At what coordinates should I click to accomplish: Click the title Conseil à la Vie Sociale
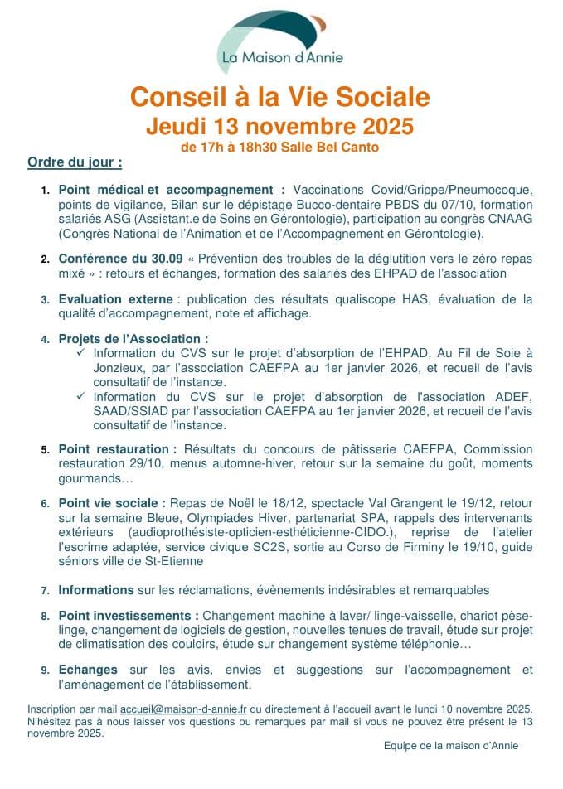click(x=280, y=98)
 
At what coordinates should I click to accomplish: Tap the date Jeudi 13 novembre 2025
click(x=279, y=127)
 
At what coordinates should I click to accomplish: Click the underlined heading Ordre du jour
click(x=75, y=161)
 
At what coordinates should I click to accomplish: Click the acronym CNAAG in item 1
click(x=507, y=218)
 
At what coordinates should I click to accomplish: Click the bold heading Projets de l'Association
click(x=133, y=339)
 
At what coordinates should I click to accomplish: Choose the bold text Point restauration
click(x=117, y=449)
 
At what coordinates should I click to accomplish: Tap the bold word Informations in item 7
click(x=95, y=590)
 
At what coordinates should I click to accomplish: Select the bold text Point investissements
click(x=129, y=617)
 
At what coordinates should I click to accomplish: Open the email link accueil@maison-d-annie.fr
click(x=184, y=709)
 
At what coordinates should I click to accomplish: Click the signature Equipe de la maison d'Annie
click(x=450, y=745)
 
